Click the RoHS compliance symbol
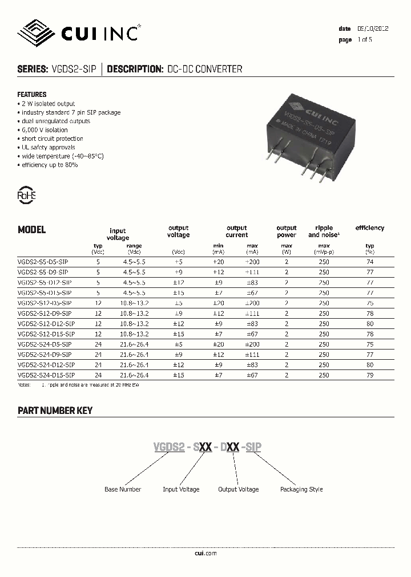(27, 195)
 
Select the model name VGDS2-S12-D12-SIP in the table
(46, 324)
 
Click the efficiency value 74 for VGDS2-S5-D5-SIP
(369, 261)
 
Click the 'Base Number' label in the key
(123, 489)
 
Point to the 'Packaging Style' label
(301, 489)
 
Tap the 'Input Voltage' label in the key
(181, 489)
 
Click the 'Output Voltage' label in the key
(239, 489)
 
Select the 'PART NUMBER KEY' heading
(55, 411)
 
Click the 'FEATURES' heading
(32, 94)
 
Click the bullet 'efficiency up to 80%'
(49, 165)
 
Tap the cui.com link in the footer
(205, 553)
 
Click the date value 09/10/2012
(373, 29)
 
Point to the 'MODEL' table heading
(31, 230)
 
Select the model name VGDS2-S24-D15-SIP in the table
(46, 375)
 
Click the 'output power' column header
(287, 231)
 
